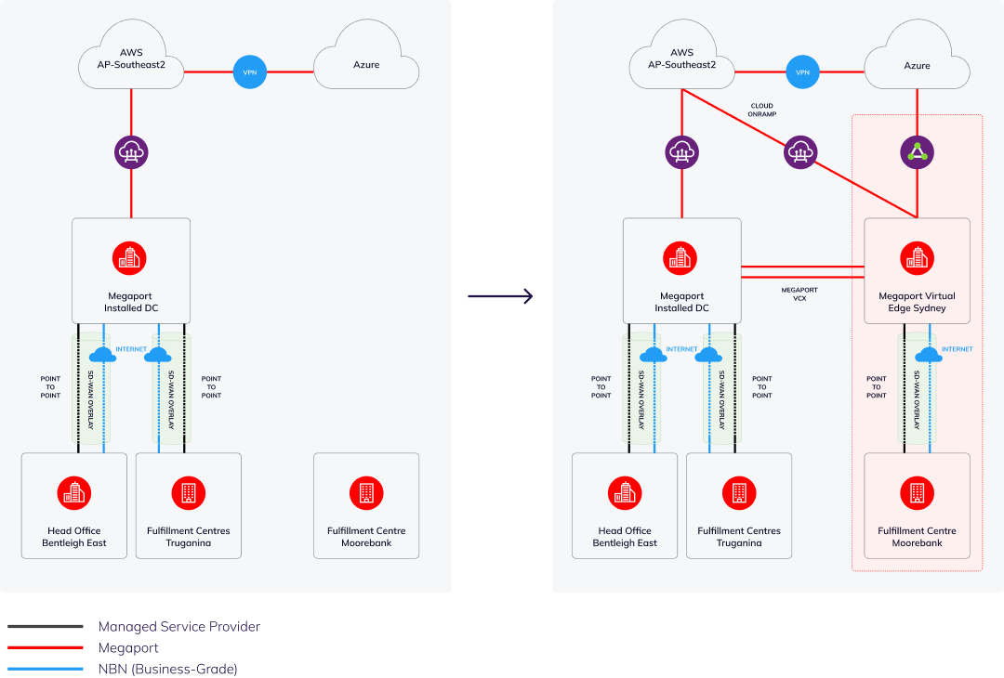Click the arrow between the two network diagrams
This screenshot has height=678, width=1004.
coord(500,296)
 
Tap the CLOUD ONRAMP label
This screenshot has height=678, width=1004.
coord(762,110)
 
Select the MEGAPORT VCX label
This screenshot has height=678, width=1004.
coord(799,295)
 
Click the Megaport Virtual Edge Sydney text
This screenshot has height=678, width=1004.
coord(917,302)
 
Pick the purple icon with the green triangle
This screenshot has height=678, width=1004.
coord(918,151)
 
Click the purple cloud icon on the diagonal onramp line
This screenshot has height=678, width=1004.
coord(799,151)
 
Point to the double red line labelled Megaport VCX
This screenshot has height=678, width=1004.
coord(802,271)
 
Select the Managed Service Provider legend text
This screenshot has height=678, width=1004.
coord(178,627)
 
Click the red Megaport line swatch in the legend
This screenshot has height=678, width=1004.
coord(45,647)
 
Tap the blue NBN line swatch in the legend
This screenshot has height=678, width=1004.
coord(45,669)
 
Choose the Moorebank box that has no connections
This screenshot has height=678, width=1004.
coord(366,505)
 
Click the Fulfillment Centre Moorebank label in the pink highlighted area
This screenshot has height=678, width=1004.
coord(917,537)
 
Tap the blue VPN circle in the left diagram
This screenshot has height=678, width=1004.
coord(249,72)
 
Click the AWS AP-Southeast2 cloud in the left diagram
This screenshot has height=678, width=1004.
coord(132,59)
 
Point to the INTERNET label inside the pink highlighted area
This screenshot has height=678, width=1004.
coord(957,349)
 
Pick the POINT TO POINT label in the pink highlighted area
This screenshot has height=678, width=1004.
coord(876,387)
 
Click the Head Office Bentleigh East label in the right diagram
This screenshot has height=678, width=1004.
coord(625,537)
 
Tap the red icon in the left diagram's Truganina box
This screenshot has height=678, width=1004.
coord(189,492)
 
